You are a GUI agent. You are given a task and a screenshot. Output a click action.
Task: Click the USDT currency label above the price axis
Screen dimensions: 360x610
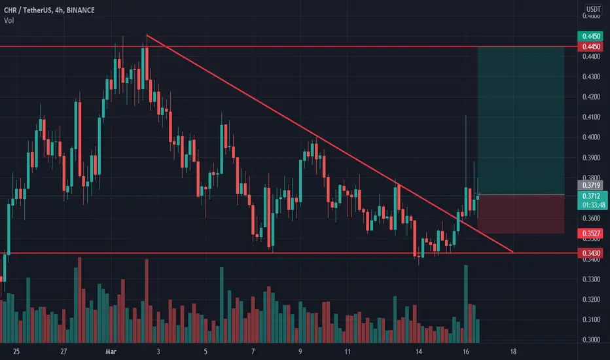pos(591,9)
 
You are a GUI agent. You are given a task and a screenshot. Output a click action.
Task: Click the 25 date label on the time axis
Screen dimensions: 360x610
pos(16,351)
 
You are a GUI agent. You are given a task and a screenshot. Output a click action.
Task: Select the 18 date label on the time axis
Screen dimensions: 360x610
pos(514,351)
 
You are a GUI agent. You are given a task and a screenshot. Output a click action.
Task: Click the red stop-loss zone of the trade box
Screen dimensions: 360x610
pos(521,214)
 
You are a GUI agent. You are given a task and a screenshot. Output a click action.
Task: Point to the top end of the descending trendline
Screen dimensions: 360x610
pos(147,35)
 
